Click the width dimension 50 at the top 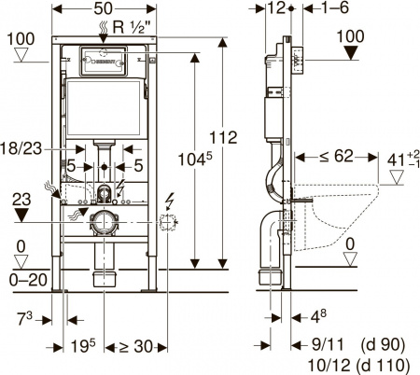(103, 9)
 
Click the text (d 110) (384, 362)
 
